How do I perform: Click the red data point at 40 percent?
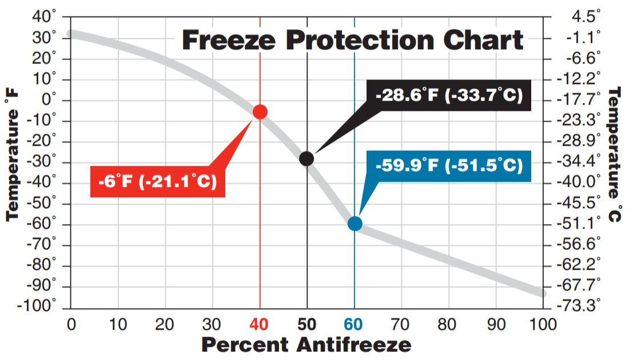click(260, 111)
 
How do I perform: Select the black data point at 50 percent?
click(307, 158)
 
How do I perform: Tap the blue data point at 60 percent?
click(355, 223)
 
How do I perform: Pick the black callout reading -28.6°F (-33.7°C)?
click(449, 95)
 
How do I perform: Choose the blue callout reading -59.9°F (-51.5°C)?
click(449, 166)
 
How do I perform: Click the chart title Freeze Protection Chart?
click(352, 41)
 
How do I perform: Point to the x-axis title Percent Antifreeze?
click(306, 345)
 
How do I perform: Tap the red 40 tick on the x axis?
click(260, 325)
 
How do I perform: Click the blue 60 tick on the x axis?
click(354, 325)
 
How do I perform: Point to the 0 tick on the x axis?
click(71, 325)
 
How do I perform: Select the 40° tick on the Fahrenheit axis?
click(44, 18)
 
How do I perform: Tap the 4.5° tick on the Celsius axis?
click(586, 17)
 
